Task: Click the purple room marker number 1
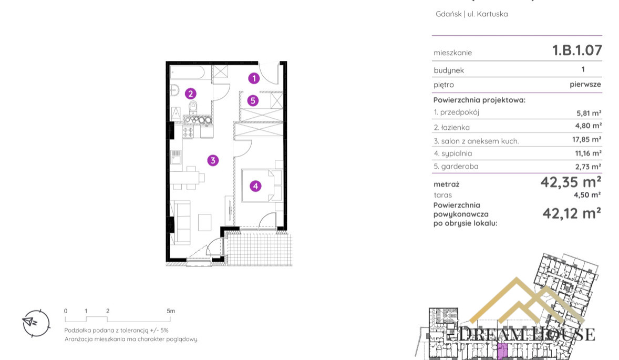point(254,78)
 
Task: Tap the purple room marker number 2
point(191,94)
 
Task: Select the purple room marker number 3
point(213,160)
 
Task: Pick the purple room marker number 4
point(255,186)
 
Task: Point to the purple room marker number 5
point(253,101)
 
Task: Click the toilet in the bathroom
point(193,107)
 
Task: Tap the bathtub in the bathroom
point(187,73)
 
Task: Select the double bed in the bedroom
point(261,186)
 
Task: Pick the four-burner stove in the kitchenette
point(188,132)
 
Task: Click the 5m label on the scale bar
point(171,311)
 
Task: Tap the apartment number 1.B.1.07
point(577,50)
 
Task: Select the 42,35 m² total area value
point(571,182)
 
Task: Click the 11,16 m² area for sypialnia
point(588,153)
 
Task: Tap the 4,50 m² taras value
point(587,195)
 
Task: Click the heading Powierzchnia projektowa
point(479,100)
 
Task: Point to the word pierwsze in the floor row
point(585,85)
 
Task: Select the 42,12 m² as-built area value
point(572,213)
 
